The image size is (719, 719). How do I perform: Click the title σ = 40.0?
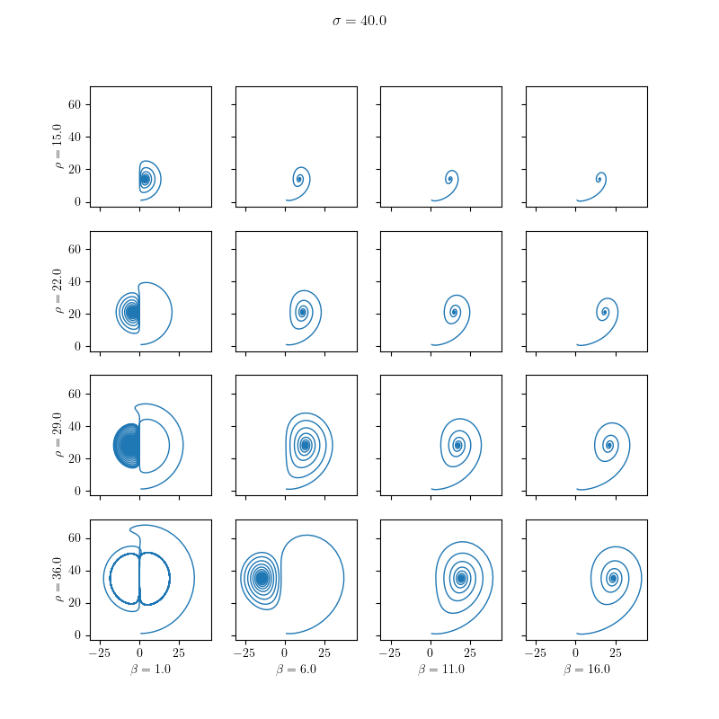coord(359,21)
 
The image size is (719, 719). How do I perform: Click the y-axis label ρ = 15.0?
coord(60,146)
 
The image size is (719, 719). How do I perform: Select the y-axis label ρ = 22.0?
coord(60,291)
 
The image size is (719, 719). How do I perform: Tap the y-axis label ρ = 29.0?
coord(60,435)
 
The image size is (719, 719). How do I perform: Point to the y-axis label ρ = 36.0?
coord(60,580)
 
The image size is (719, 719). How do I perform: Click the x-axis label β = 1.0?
coord(151,670)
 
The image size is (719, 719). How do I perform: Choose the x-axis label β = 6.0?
coord(296,670)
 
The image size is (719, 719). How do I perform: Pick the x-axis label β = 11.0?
coord(441,670)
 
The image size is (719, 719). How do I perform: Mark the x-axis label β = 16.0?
coord(586,670)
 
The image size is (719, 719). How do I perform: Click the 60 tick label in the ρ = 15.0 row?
coord(75,105)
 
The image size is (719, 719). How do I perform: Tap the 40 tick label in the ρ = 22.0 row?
coord(75,281)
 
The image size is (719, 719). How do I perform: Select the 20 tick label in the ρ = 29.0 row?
coord(75,458)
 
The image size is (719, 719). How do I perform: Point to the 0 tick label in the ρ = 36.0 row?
coord(79,635)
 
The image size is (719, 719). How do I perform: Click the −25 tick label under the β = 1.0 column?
coord(100,652)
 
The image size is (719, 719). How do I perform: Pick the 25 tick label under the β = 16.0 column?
coord(615,652)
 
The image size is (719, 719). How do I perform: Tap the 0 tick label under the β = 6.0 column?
coord(285,652)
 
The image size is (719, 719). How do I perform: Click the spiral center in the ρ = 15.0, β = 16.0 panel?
coord(599,179)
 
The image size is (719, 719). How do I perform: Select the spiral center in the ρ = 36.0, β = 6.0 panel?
coord(262,578)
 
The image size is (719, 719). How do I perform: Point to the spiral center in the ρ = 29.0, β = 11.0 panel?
coord(458,445)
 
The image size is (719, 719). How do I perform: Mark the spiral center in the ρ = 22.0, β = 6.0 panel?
coord(303,313)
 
